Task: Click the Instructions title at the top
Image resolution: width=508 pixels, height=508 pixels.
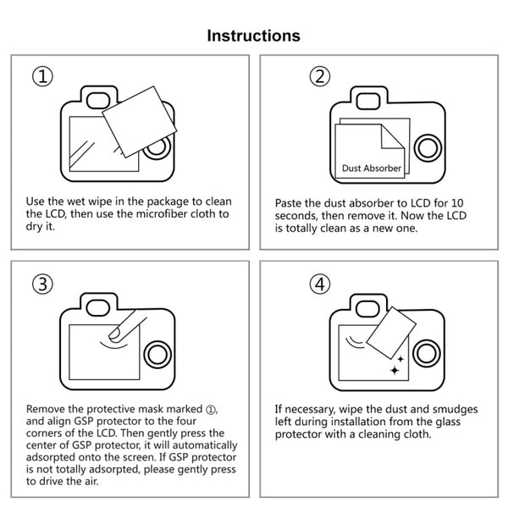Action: click(x=253, y=36)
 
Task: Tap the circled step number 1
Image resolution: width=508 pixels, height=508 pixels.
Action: click(x=43, y=76)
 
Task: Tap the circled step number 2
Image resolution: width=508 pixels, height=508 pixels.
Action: click(x=319, y=77)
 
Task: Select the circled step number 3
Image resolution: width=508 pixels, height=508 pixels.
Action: click(x=43, y=283)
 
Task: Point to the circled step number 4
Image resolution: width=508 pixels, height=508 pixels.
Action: click(x=319, y=284)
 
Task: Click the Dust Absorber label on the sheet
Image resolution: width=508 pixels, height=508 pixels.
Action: click(x=372, y=168)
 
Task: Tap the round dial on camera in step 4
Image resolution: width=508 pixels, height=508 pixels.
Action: click(x=428, y=352)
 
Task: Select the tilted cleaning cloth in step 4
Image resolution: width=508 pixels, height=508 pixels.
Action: click(x=391, y=333)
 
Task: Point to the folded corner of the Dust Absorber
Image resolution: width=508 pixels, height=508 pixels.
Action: click(x=391, y=135)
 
